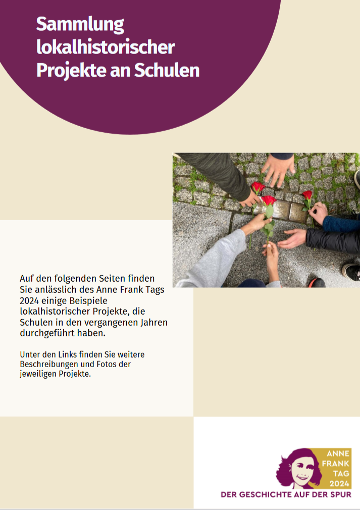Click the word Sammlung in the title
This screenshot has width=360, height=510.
point(80,25)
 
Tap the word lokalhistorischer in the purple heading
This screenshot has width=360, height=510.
point(106,47)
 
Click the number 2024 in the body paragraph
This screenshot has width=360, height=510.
point(29,301)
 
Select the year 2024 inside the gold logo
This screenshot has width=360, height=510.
point(339,483)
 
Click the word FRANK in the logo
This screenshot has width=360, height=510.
point(336,463)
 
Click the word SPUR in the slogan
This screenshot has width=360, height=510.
point(341,495)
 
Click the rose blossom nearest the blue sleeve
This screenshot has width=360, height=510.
point(307,195)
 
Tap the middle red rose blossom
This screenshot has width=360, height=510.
point(269,200)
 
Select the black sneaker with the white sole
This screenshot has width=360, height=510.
point(351,272)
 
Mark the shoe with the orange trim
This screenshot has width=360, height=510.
point(317,282)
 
